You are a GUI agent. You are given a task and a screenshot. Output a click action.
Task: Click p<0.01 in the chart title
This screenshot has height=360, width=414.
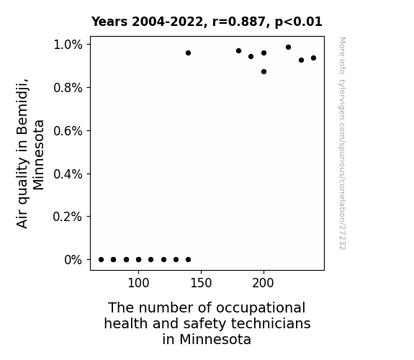pyautogui.click(x=299, y=22)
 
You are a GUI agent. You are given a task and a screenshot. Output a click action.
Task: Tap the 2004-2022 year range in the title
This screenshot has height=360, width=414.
pyautogui.click(x=167, y=22)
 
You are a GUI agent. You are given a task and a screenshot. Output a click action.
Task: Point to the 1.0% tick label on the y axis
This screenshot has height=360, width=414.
pyautogui.click(x=68, y=45)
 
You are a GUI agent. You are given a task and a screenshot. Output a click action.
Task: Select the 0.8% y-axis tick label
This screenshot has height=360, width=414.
pyautogui.click(x=68, y=87)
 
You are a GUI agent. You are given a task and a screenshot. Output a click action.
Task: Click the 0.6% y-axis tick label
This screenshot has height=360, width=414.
pyautogui.click(x=68, y=131)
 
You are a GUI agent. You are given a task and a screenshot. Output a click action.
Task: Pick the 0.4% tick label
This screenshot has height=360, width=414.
pyautogui.click(x=68, y=174)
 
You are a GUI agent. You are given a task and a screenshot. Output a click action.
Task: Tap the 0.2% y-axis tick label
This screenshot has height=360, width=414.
pyautogui.click(x=68, y=217)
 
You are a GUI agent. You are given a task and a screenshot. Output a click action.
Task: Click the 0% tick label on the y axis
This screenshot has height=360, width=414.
pyautogui.click(x=73, y=260)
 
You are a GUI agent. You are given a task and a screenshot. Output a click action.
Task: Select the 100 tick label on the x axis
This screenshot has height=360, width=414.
pyautogui.click(x=138, y=283)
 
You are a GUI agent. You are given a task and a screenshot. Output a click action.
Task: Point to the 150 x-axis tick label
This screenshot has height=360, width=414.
pyautogui.click(x=201, y=283)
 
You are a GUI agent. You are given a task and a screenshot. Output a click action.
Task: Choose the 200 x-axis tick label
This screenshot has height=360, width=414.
pyautogui.click(x=264, y=283)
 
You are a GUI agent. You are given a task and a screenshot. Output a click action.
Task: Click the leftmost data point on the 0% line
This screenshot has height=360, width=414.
pyautogui.click(x=101, y=260)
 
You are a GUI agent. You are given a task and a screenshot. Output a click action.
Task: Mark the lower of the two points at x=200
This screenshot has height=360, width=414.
pyautogui.click(x=264, y=71)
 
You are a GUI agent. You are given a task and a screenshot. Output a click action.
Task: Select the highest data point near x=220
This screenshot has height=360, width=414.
pyautogui.click(x=288, y=48)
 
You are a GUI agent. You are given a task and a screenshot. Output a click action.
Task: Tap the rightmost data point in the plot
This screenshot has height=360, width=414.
pyautogui.click(x=313, y=58)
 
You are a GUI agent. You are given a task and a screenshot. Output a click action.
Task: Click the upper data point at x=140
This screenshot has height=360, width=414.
pyautogui.click(x=188, y=53)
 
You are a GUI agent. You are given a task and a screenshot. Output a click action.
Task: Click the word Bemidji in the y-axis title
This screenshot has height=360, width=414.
pyautogui.click(x=22, y=107)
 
